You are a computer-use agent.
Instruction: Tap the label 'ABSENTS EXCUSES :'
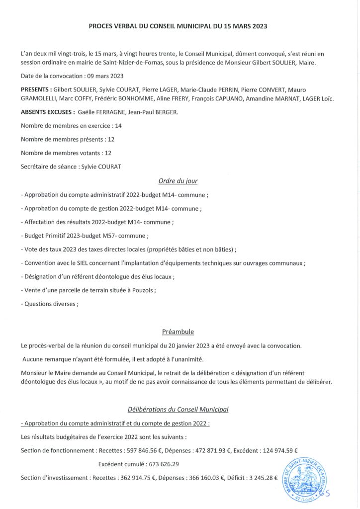coord(48,113)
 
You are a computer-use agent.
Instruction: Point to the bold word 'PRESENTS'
coord(36,89)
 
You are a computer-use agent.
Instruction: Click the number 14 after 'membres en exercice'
coord(118,126)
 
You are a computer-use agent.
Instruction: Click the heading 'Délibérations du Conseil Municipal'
coord(178,410)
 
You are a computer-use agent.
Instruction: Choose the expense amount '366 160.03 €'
coord(186,478)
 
